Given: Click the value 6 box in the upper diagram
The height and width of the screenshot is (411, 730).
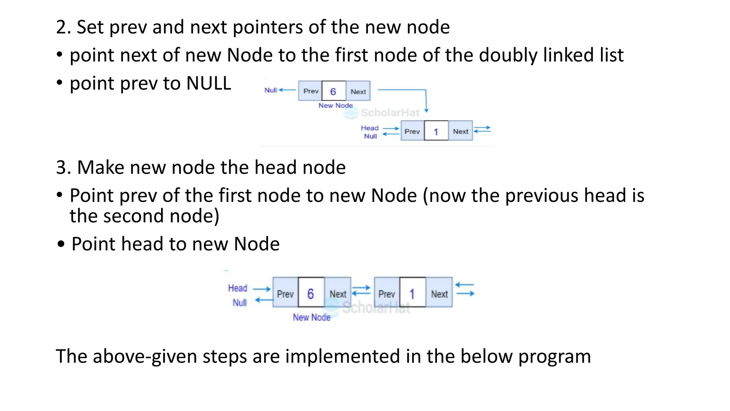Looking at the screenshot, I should click(333, 91).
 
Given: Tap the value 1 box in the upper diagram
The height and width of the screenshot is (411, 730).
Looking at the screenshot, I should click(436, 131).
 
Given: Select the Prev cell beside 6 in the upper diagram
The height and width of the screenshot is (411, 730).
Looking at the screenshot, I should click(310, 91).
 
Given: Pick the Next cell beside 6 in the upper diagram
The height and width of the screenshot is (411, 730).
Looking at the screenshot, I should click(358, 91).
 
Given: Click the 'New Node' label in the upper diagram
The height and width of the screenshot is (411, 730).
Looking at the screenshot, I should click(335, 106).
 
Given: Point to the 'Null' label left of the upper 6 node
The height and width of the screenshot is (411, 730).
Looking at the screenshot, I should click(271, 90).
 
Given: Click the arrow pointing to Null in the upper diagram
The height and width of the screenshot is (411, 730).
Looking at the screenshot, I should click(287, 90).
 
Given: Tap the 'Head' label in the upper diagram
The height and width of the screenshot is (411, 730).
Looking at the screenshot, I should click(370, 128).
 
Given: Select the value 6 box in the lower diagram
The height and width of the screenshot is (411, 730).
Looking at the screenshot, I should click(311, 293).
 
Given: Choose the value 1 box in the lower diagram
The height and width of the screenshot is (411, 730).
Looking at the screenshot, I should click(412, 293).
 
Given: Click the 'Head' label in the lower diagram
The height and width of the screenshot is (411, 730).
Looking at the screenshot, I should click(237, 288).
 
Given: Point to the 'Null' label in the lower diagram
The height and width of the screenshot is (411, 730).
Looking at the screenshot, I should click(240, 303).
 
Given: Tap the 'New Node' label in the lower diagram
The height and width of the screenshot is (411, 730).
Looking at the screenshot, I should click(312, 317).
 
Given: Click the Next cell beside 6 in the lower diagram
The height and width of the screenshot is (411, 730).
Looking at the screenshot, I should click(338, 293).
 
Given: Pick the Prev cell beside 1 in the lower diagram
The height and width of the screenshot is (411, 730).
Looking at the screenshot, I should click(387, 293).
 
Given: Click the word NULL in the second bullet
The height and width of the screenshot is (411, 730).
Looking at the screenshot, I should click(209, 83).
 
